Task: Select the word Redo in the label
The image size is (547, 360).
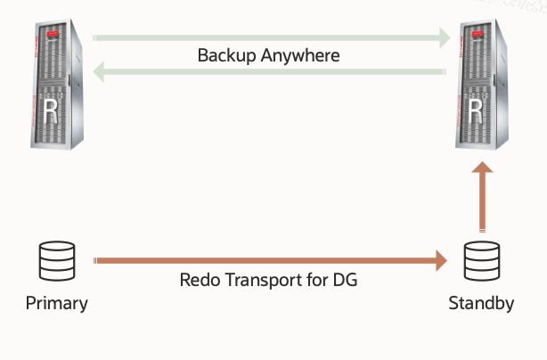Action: click(198, 280)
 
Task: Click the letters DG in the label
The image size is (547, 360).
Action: click(347, 280)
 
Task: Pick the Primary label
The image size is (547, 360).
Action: click(57, 303)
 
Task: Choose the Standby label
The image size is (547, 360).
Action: click(482, 303)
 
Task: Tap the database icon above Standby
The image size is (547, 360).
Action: click(481, 258)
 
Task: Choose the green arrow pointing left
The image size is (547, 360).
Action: click(267, 73)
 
